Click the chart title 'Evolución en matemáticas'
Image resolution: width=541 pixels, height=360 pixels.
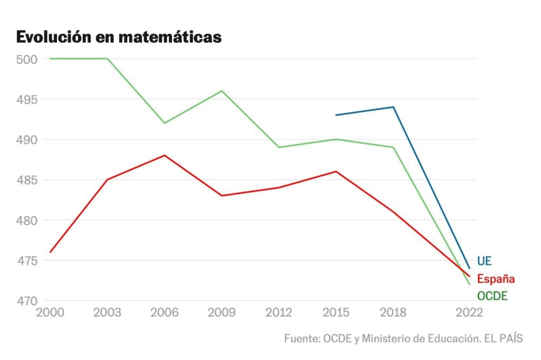tap(118, 37)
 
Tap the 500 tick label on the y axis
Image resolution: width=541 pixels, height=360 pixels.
tap(26, 59)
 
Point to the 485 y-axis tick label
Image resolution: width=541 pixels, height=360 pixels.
tap(26, 180)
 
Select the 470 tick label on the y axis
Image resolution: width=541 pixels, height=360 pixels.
tap(26, 301)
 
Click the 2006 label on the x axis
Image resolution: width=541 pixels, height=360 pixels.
tap(164, 312)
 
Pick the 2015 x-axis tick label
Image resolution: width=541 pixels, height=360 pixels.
tap(335, 312)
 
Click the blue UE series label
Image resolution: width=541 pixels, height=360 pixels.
tap(484, 261)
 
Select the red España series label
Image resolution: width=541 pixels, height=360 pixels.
tap(496, 279)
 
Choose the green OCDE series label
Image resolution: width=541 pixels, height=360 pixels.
tap(492, 296)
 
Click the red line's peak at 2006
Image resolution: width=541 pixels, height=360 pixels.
tap(165, 155)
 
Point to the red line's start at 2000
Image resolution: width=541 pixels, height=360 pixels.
tap(50, 252)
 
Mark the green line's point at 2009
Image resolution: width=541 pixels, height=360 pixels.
tap(222, 91)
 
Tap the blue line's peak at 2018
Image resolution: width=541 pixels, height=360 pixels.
tap(393, 107)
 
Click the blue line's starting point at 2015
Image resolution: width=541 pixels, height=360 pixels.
tap(336, 115)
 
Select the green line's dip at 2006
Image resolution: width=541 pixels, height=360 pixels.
tap(165, 123)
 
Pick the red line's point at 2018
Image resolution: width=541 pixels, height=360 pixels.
tap(393, 212)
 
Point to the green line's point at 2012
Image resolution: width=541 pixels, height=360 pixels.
tap(279, 147)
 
